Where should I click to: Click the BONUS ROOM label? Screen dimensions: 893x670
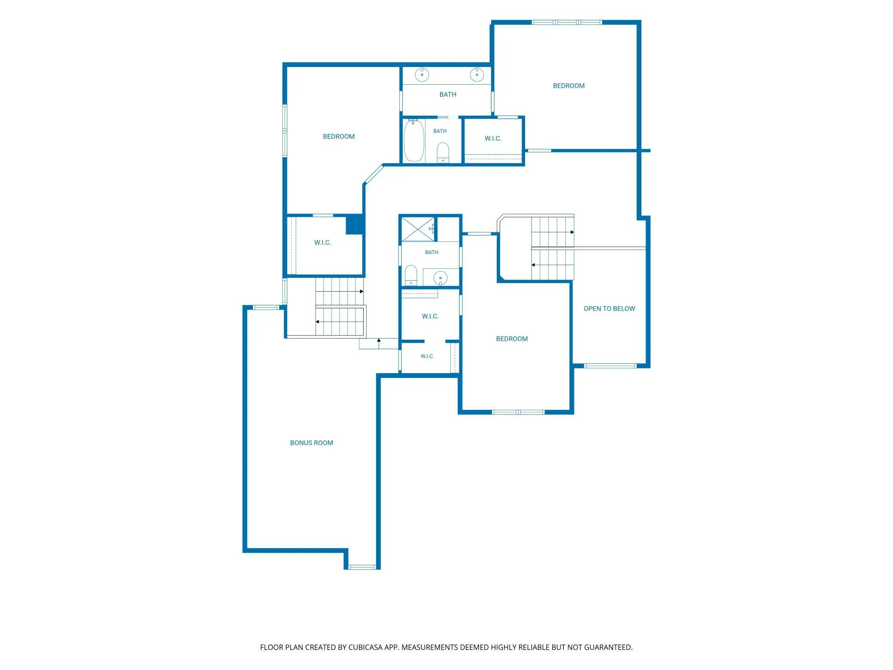(x=311, y=443)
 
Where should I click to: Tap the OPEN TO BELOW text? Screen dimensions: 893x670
(x=609, y=308)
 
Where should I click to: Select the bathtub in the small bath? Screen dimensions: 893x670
(x=414, y=140)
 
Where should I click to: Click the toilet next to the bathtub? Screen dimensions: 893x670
(x=443, y=152)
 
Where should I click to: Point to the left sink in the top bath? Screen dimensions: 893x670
(x=422, y=74)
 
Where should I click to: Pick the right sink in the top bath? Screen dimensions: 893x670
(x=477, y=74)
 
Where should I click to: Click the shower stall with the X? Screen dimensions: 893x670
(x=418, y=229)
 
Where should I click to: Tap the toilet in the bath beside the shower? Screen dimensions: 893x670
(x=411, y=275)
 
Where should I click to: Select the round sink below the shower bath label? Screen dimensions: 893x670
(x=440, y=278)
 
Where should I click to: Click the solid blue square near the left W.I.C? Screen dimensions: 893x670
(x=355, y=225)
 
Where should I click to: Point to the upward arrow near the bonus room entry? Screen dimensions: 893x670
(x=379, y=343)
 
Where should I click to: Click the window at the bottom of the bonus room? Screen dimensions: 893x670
(x=362, y=567)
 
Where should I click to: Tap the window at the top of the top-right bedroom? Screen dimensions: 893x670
(x=567, y=22)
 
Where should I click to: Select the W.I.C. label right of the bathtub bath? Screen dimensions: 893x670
(x=493, y=138)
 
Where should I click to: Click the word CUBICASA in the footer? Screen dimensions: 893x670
(x=365, y=647)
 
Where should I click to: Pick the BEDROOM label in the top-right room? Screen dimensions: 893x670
(x=568, y=86)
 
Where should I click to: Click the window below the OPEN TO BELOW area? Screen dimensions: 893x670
(x=610, y=366)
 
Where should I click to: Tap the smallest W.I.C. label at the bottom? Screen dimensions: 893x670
(x=427, y=356)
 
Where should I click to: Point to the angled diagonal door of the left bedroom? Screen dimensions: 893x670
(x=373, y=175)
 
